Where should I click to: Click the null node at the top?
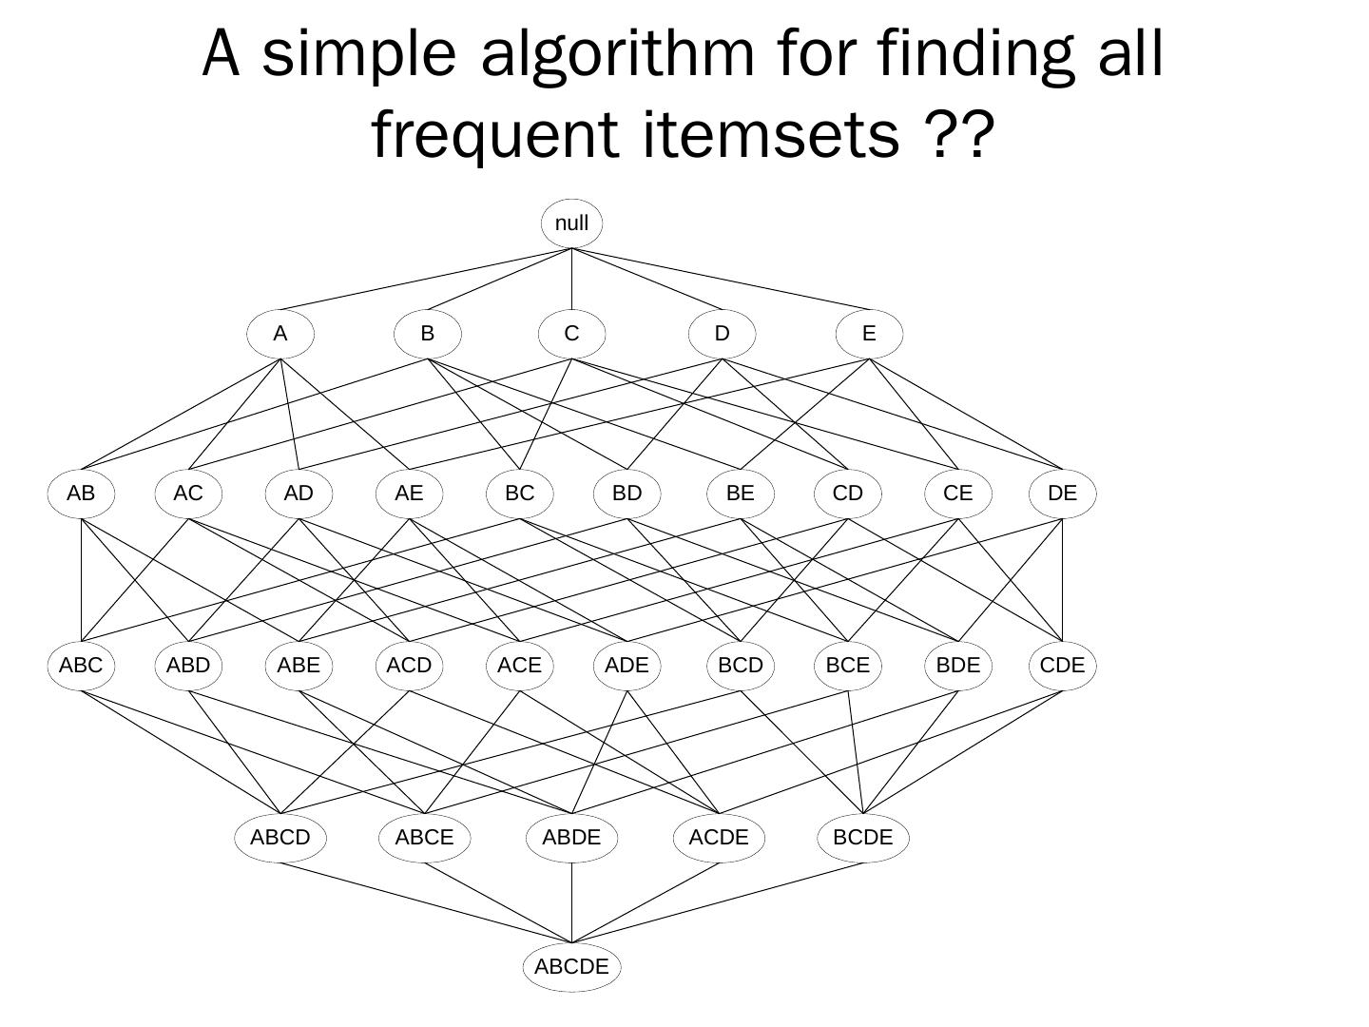[571, 223]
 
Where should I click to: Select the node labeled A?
[280, 334]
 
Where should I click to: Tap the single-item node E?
[868, 334]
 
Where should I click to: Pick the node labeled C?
[571, 334]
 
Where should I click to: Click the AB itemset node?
[81, 494]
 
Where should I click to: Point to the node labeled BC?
[519, 494]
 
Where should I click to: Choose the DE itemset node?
[1062, 494]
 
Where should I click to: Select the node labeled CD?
[847, 494]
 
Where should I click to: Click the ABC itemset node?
[81, 665]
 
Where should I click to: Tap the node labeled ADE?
[627, 665]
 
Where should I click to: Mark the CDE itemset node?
[1062, 665]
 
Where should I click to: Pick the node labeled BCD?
[740, 665]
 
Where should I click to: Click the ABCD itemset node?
[280, 838]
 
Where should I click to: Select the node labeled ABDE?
[571, 838]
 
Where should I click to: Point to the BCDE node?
[862, 838]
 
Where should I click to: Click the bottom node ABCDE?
[571, 967]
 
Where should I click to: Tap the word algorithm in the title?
[618, 55]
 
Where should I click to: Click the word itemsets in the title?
[771, 135]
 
